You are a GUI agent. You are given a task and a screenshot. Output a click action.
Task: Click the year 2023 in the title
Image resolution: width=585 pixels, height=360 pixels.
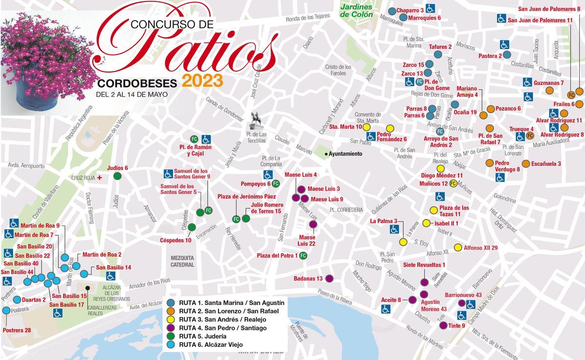tap(202, 80)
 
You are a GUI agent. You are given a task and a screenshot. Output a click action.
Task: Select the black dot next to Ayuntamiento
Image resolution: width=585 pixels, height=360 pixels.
tap(326, 154)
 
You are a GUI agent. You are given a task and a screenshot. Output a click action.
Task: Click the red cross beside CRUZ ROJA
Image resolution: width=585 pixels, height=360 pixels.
tap(100, 178)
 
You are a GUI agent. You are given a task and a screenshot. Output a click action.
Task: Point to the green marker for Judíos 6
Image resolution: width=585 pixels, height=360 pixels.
tap(117, 176)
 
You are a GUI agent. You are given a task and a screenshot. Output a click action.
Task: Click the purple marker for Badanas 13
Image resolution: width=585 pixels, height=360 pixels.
tap(329, 279)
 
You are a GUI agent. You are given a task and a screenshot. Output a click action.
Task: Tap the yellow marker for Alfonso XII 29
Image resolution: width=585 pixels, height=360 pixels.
tap(458, 247)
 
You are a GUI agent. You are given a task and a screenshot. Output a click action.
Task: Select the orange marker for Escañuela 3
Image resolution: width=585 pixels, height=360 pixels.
tap(526, 164)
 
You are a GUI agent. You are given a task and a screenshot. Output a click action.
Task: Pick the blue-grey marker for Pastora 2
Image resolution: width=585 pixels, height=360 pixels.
tap(507, 56)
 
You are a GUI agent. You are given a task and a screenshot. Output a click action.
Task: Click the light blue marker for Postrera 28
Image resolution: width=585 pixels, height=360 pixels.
tap(6, 310)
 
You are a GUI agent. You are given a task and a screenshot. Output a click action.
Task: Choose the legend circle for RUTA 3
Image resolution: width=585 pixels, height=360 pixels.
tap(171, 319)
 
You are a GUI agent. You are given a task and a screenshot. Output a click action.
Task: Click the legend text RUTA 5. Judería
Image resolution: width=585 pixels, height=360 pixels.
tap(202, 336)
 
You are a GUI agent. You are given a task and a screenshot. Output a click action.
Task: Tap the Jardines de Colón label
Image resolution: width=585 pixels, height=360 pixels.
tap(356, 11)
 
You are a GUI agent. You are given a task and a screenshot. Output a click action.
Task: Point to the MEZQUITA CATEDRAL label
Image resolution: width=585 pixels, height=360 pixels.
tap(182, 261)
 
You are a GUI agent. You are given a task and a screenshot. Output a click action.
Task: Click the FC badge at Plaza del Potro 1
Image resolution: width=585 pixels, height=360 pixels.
tap(303, 256)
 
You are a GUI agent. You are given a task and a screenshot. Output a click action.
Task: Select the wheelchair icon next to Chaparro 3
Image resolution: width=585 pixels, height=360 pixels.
tap(430, 8)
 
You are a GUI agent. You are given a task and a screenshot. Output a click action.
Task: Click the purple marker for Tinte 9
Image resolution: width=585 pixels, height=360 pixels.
tap(443, 326)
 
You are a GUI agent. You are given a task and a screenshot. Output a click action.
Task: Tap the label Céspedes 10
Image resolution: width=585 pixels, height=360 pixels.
tap(175, 240)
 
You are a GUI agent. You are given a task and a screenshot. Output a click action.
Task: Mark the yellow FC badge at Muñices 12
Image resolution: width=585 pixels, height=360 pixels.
tap(453, 184)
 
